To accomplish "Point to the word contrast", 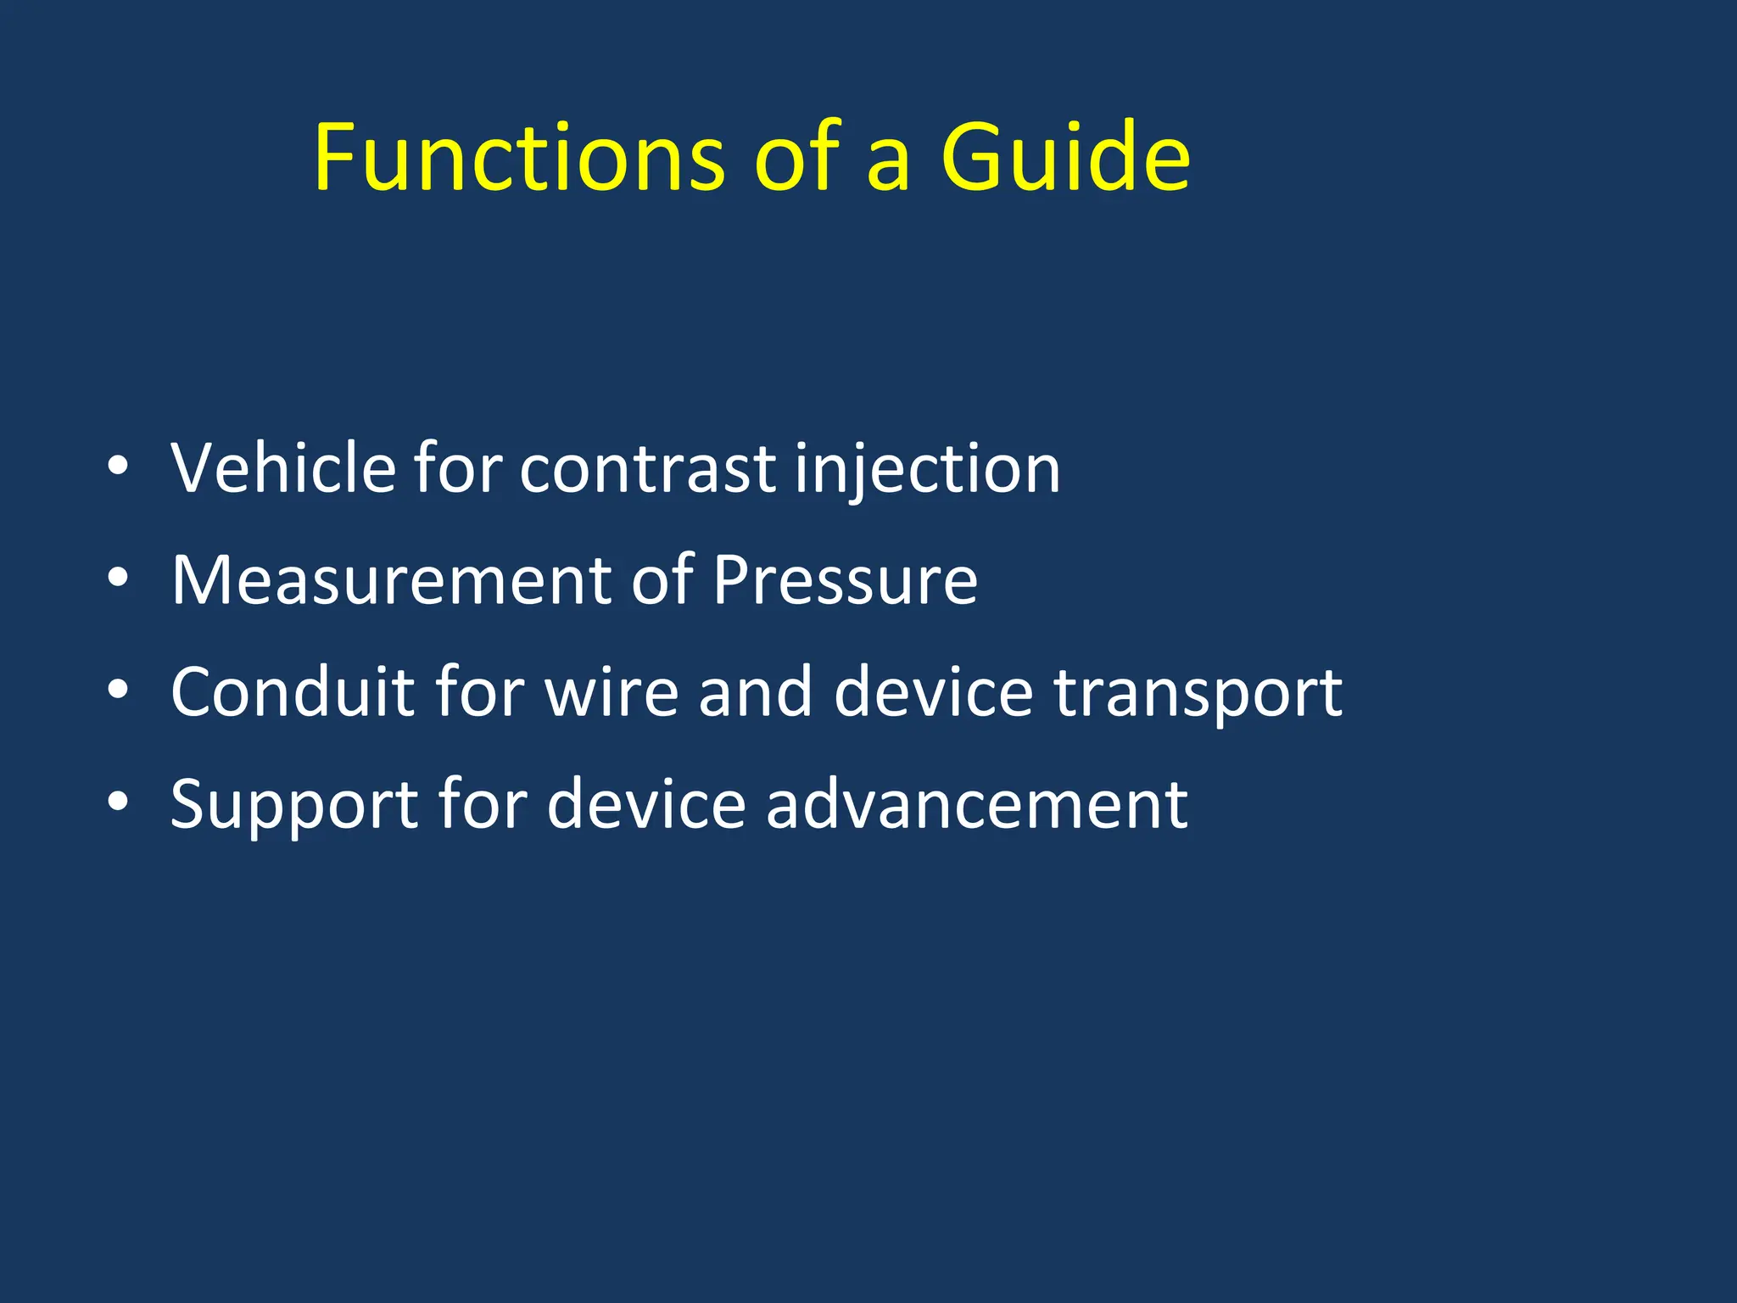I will tap(647, 469).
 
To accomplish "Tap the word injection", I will tap(927, 469).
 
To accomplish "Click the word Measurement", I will tap(391, 580).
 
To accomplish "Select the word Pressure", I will tap(845, 580).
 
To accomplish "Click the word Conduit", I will tap(292, 691).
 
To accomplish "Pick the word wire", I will tap(612, 691).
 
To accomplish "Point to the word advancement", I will tap(976, 804).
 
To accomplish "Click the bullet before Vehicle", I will tap(118, 466).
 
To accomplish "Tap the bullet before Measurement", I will tap(118, 578).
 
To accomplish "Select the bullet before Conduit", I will tap(118, 690).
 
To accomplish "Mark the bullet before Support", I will tap(118, 802).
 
